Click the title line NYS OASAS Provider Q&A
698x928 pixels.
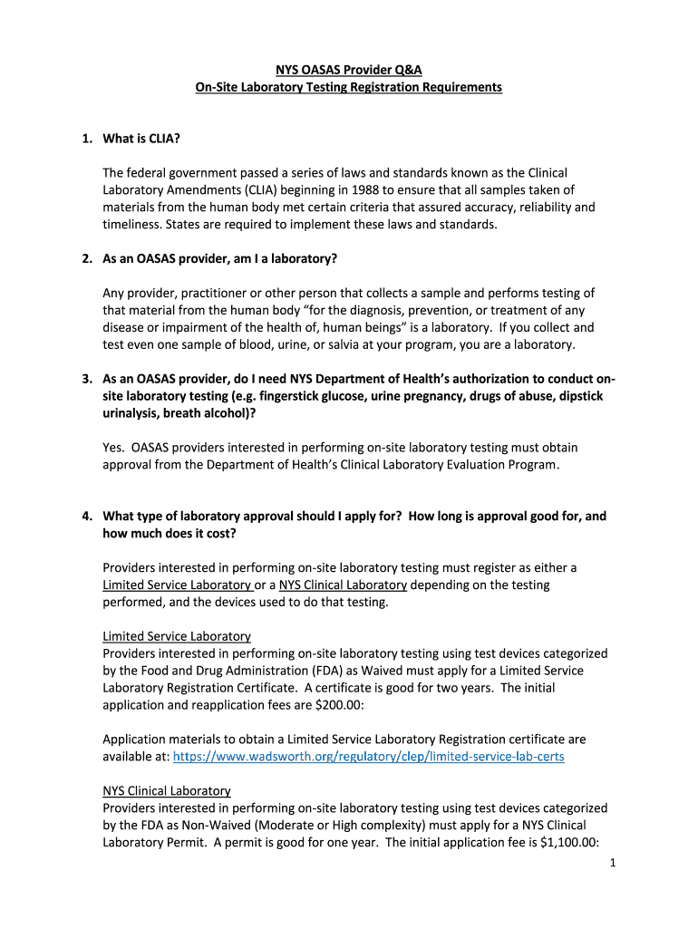point(349,69)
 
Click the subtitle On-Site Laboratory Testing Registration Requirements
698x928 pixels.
point(349,87)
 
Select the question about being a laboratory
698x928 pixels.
point(219,258)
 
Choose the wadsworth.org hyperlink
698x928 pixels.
point(368,756)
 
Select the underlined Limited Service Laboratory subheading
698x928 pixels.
point(177,636)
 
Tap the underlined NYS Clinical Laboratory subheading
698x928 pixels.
point(167,790)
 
